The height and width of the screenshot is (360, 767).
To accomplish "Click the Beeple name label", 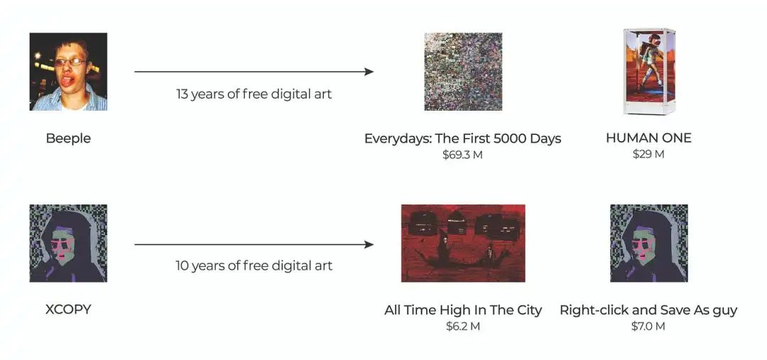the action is point(68,138).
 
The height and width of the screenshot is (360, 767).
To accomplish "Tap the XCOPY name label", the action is point(68,310).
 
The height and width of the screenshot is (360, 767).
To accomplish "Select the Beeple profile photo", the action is point(68,72).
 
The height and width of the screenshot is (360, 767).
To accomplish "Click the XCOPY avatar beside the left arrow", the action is point(68,243).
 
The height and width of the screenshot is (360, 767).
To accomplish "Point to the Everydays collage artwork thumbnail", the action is point(463,72).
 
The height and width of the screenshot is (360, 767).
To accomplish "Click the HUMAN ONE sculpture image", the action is point(648,72).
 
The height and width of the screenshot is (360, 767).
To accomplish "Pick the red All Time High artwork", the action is point(463,243).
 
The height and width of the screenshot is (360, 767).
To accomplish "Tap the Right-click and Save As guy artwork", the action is point(648,243).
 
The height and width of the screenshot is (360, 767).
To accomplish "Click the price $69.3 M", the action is point(463,155).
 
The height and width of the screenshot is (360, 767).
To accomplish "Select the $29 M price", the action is point(648,155).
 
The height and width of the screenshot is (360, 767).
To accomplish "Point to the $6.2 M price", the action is point(463,326).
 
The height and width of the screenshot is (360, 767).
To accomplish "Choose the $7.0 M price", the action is point(648,326).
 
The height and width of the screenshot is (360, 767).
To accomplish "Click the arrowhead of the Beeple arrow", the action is point(369,72).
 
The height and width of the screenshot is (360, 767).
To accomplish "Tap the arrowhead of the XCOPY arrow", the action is point(369,244).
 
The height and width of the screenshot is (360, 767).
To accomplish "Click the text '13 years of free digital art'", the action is point(254,94).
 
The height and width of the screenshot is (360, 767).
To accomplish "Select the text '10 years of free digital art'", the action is point(254,266).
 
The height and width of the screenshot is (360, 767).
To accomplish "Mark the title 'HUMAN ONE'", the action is point(648,138).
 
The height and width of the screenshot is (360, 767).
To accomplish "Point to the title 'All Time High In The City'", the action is point(463,310).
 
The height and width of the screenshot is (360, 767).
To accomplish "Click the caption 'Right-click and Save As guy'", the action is point(648,310).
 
